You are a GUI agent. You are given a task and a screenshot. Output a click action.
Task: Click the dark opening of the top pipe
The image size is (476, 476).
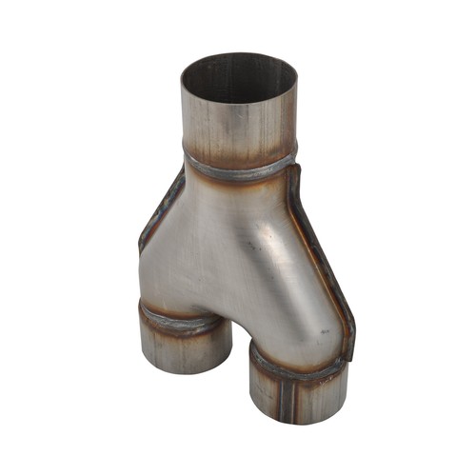pyautogui.click(x=239, y=81)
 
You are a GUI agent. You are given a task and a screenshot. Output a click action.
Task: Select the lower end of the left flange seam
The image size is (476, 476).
pyautogui.click(x=141, y=249)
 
